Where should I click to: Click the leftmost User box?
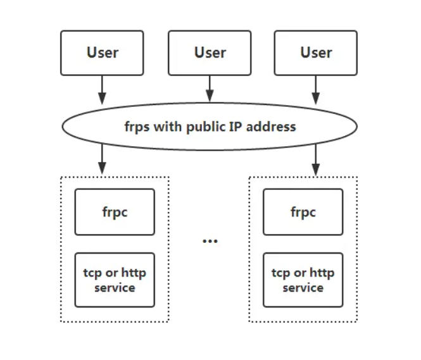102,53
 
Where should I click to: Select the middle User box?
210,53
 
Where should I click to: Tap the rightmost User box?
315,53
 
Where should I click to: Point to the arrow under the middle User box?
210,89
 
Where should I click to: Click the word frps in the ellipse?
137,126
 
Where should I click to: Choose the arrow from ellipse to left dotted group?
102,160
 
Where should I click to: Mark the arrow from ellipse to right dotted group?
315,160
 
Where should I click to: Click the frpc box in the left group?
115,212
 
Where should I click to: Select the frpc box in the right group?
303,212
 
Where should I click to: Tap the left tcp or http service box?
115,280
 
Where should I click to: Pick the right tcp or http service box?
303,280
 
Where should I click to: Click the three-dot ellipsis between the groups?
210,241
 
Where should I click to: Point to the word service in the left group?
115,288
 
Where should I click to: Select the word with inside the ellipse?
168,126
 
